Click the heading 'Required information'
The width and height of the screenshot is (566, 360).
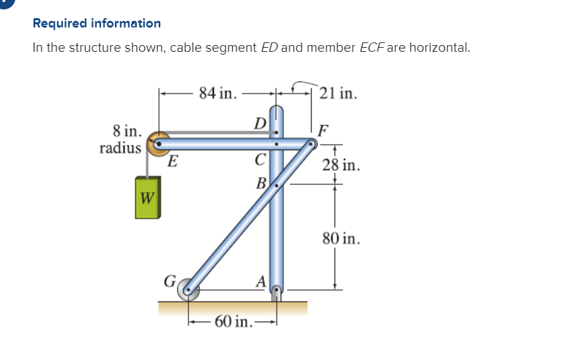coord(97,24)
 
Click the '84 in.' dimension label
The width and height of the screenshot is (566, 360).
coord(218,93)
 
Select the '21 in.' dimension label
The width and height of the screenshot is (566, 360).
coord(339,93)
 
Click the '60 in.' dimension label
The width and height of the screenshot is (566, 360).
coord(234,320)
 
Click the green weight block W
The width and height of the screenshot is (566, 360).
coord(147,197)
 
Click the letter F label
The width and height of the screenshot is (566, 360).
coord(324,129)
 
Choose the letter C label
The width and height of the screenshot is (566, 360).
coord(260,159)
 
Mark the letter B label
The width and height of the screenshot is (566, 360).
coord(260,182)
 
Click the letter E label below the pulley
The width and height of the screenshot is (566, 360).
coord(172,161)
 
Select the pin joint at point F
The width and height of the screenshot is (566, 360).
coord(311,144)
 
